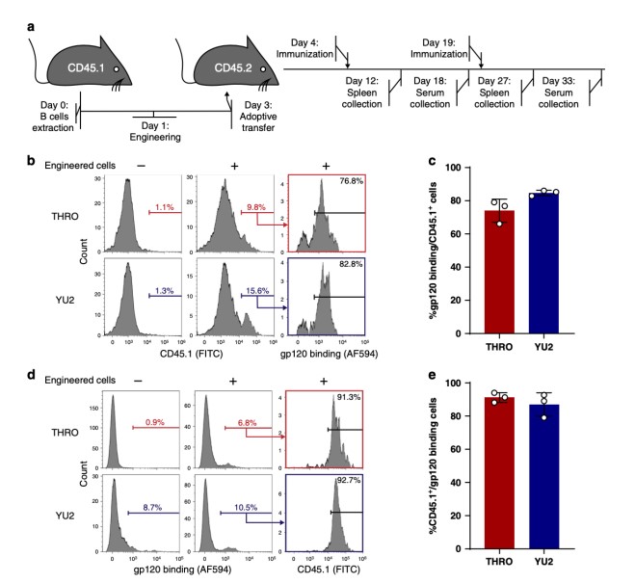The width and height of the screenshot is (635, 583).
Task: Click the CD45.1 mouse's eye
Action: point(117,70)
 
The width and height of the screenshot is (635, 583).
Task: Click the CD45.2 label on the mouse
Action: point(222,68)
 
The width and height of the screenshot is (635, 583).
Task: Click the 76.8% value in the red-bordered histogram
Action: point(346,184)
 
